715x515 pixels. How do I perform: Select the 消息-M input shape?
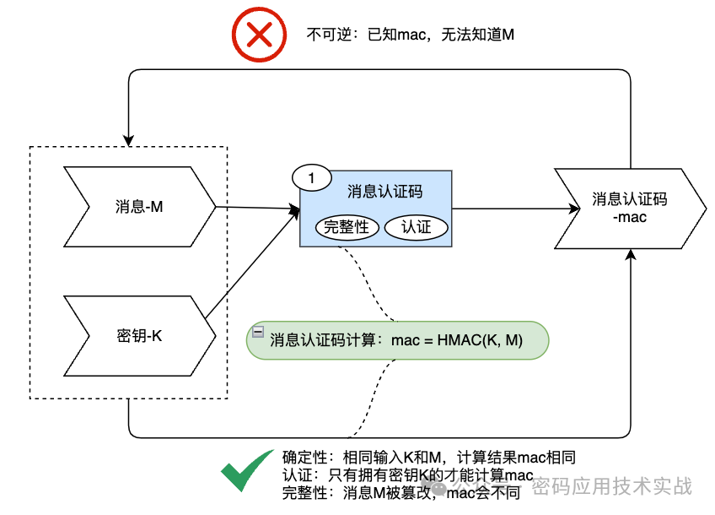click(x=139, y=207)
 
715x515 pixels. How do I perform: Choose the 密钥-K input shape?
click(x=139, y=336)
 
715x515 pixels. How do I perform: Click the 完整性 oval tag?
click(x=347, y=228)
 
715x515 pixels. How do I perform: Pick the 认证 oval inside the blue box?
click(x=416, y=228)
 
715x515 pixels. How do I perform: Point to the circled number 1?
click(x=311, y=178)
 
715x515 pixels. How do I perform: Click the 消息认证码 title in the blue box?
click(x=384, y=192)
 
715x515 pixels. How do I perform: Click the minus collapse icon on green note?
click(x=258, y=332)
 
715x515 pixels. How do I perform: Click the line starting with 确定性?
click(x=429, y=458)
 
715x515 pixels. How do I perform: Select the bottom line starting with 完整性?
click(x=401, y=493)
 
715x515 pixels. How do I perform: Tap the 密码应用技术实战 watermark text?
click(x=612, y=487)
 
